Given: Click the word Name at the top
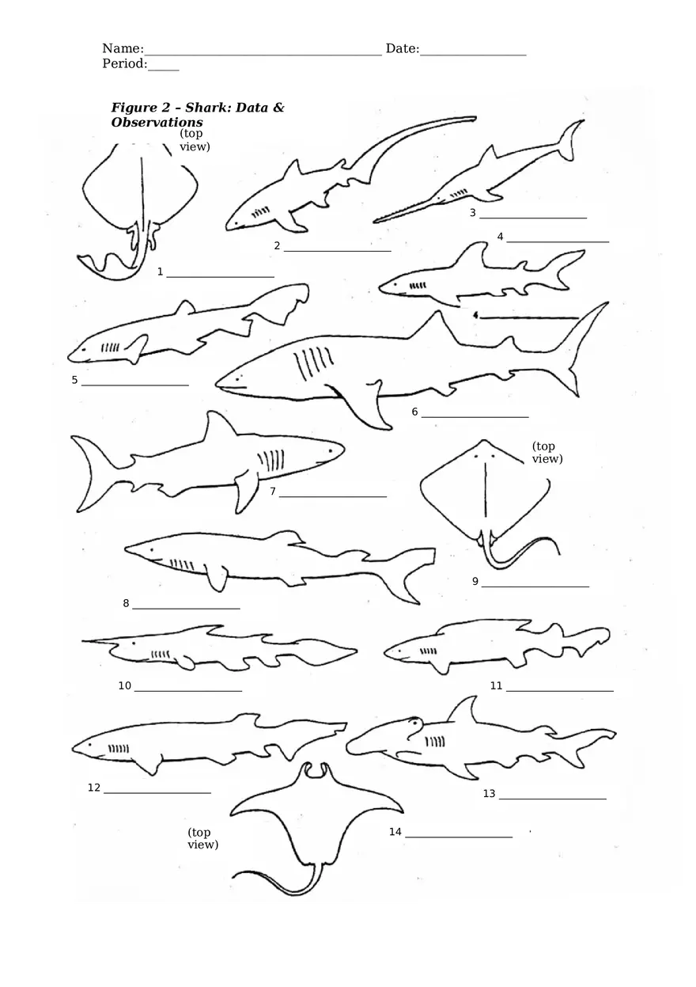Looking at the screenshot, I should [121, 49].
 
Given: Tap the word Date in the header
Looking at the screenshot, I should [401, 49].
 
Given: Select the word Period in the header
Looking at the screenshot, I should [123, 64].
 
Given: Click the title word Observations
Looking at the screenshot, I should [157, 123].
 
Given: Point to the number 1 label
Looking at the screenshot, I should [161, 272].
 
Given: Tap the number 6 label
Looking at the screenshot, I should [414, 412].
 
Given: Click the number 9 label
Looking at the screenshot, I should [475, 582].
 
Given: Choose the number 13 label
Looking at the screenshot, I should [489, 794].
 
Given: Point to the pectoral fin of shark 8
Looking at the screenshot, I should [215, 578].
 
